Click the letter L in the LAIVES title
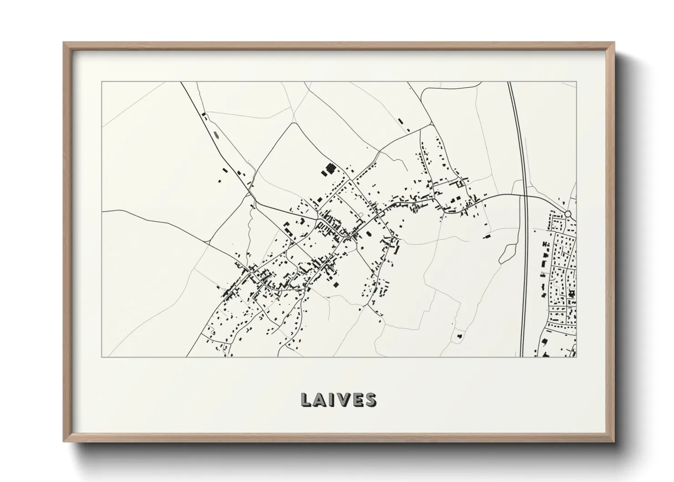306,400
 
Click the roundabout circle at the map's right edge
567,214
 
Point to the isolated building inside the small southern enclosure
459,337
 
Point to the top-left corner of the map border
102,82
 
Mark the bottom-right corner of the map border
577,357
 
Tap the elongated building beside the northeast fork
401,121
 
